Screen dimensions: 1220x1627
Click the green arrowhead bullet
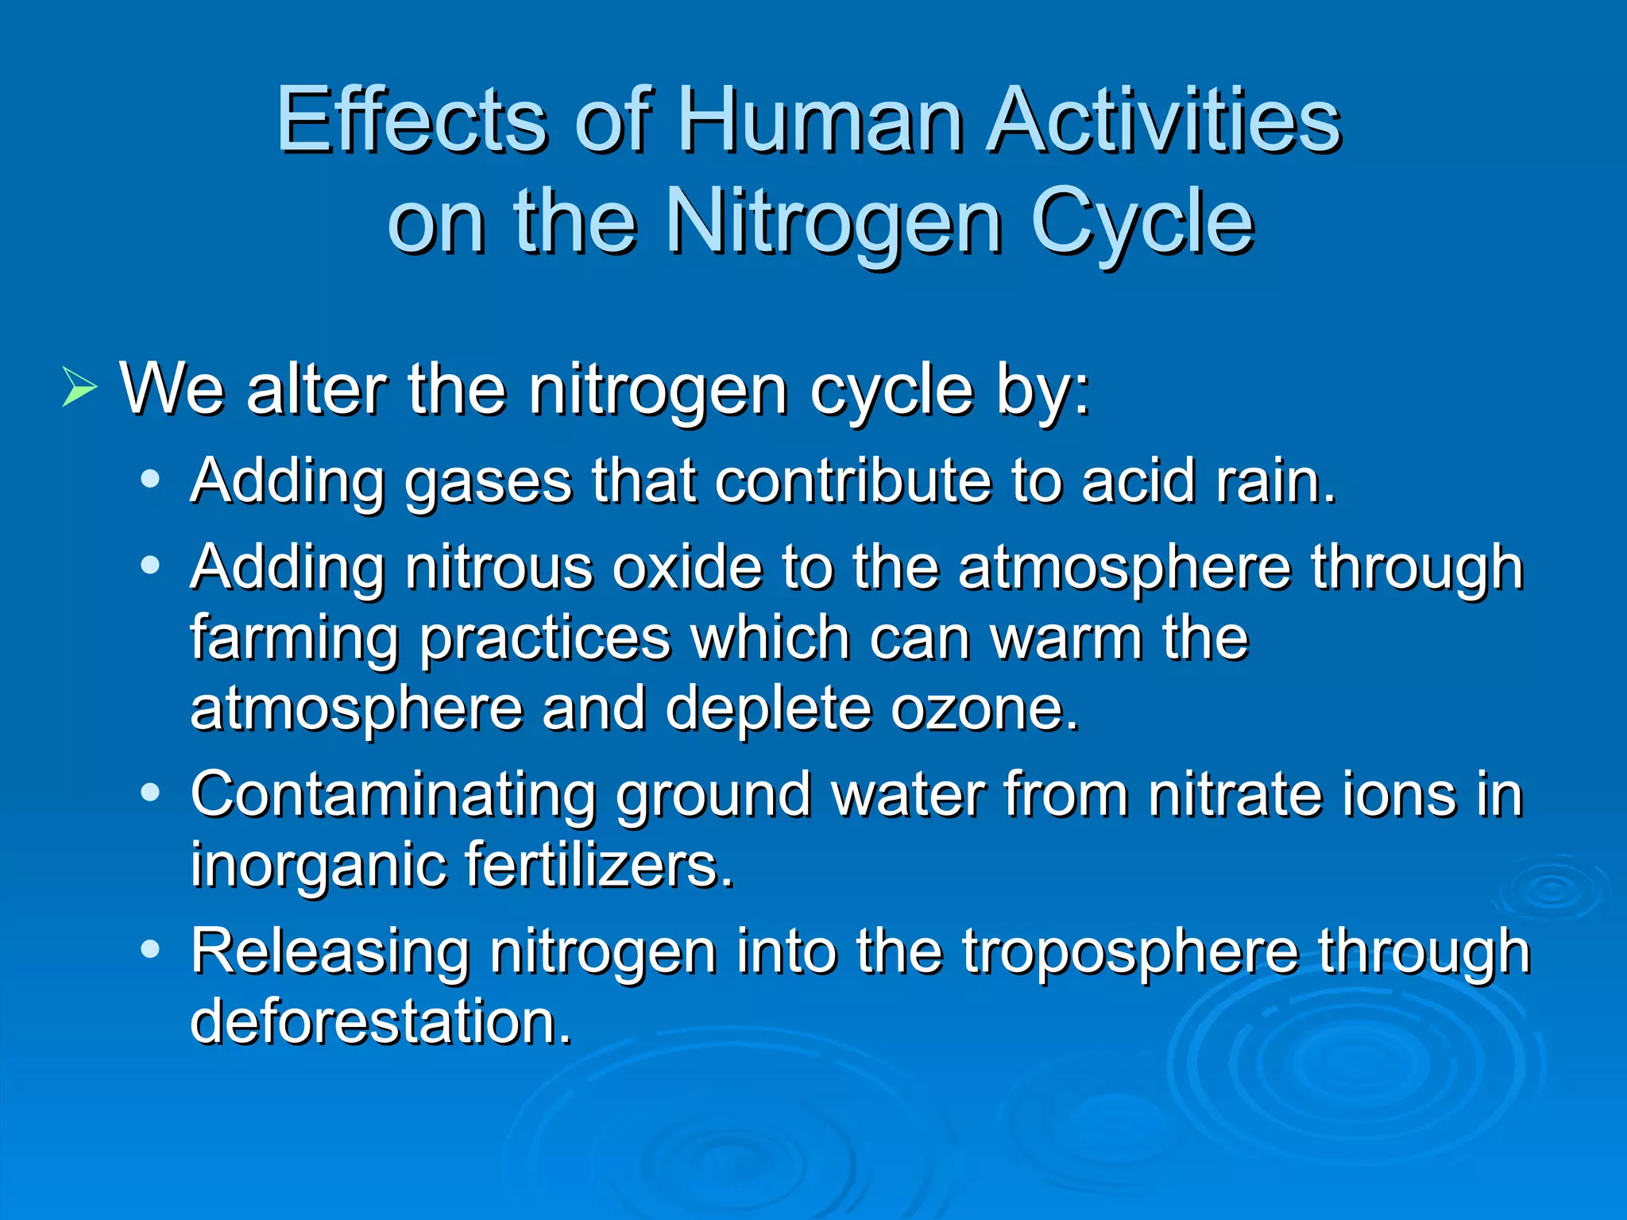click(x=79, y=388)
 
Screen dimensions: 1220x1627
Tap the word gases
click(x=488, y=482)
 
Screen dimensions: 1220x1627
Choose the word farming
click(x=294, y=639)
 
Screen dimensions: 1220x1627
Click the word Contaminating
click(x=393, y=794)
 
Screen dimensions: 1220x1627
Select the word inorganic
click(x=318, y=866)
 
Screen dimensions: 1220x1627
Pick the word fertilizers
click(x=599, y=864)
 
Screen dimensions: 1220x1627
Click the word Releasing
click(x=330, y=951)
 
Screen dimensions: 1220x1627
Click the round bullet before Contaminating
click(x=150, y=793)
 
